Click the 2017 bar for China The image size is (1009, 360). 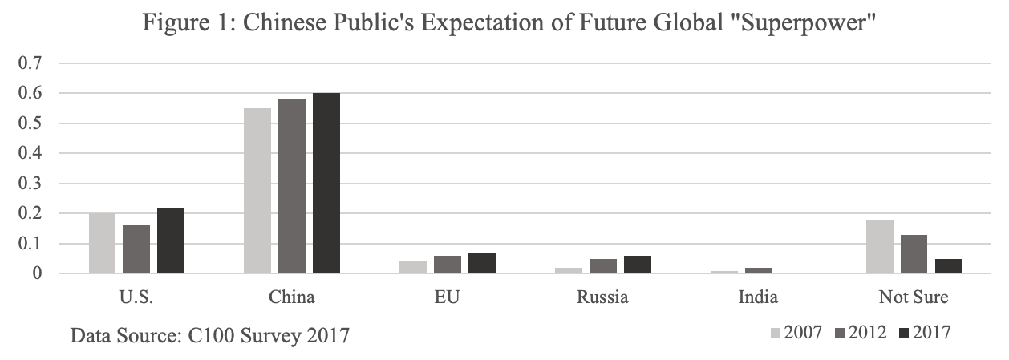326,184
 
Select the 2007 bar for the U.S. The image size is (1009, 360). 102,243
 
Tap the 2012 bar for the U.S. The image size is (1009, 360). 136,249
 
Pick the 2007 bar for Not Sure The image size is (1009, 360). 880,247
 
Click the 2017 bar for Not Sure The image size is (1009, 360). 948,266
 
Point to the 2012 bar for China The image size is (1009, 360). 292,187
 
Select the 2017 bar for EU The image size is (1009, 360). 482,263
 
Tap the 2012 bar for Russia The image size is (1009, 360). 603,266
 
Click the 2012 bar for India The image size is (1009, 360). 759,271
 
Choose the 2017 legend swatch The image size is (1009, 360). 906,333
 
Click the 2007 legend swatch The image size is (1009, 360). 776,333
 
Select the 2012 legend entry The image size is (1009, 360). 862,333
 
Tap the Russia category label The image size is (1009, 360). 602,297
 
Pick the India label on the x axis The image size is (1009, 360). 758,297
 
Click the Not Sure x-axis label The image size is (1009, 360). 914,297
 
